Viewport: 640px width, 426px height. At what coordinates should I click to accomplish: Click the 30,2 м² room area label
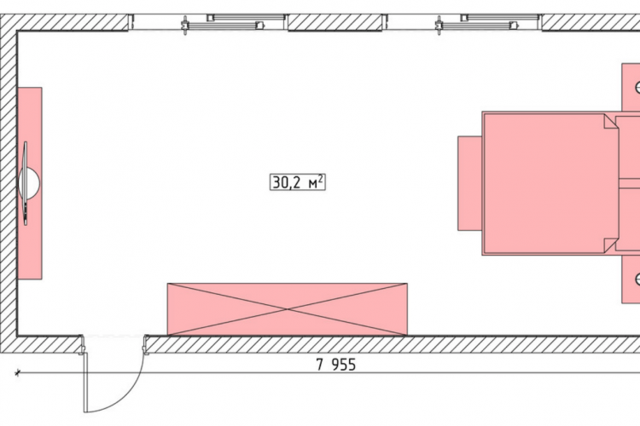pyautogui.click(x=298, y=182)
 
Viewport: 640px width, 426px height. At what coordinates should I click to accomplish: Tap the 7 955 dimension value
pyautogui.click(x=336, y=365)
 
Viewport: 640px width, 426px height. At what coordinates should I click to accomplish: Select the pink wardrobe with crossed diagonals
pyautogui.click(x=288, y=309)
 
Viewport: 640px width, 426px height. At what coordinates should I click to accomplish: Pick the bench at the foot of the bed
pyautogui.click(x=470, y=183)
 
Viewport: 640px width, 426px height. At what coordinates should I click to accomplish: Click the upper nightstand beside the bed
pyautogui.click(x=631, y=87)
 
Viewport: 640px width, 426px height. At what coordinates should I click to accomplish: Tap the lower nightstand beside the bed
pyautogui.click(x=631, y=279)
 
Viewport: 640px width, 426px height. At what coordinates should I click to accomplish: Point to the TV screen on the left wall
pyautogui.click(x=26, y=183)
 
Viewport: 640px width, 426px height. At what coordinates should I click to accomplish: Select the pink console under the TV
pyautogui.click(x=30, y=183)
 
